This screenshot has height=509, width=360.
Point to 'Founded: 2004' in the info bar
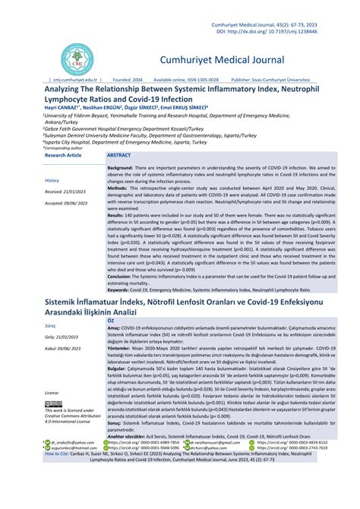tap(128, 79)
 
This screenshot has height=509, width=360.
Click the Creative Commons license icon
tap(55, 403)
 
